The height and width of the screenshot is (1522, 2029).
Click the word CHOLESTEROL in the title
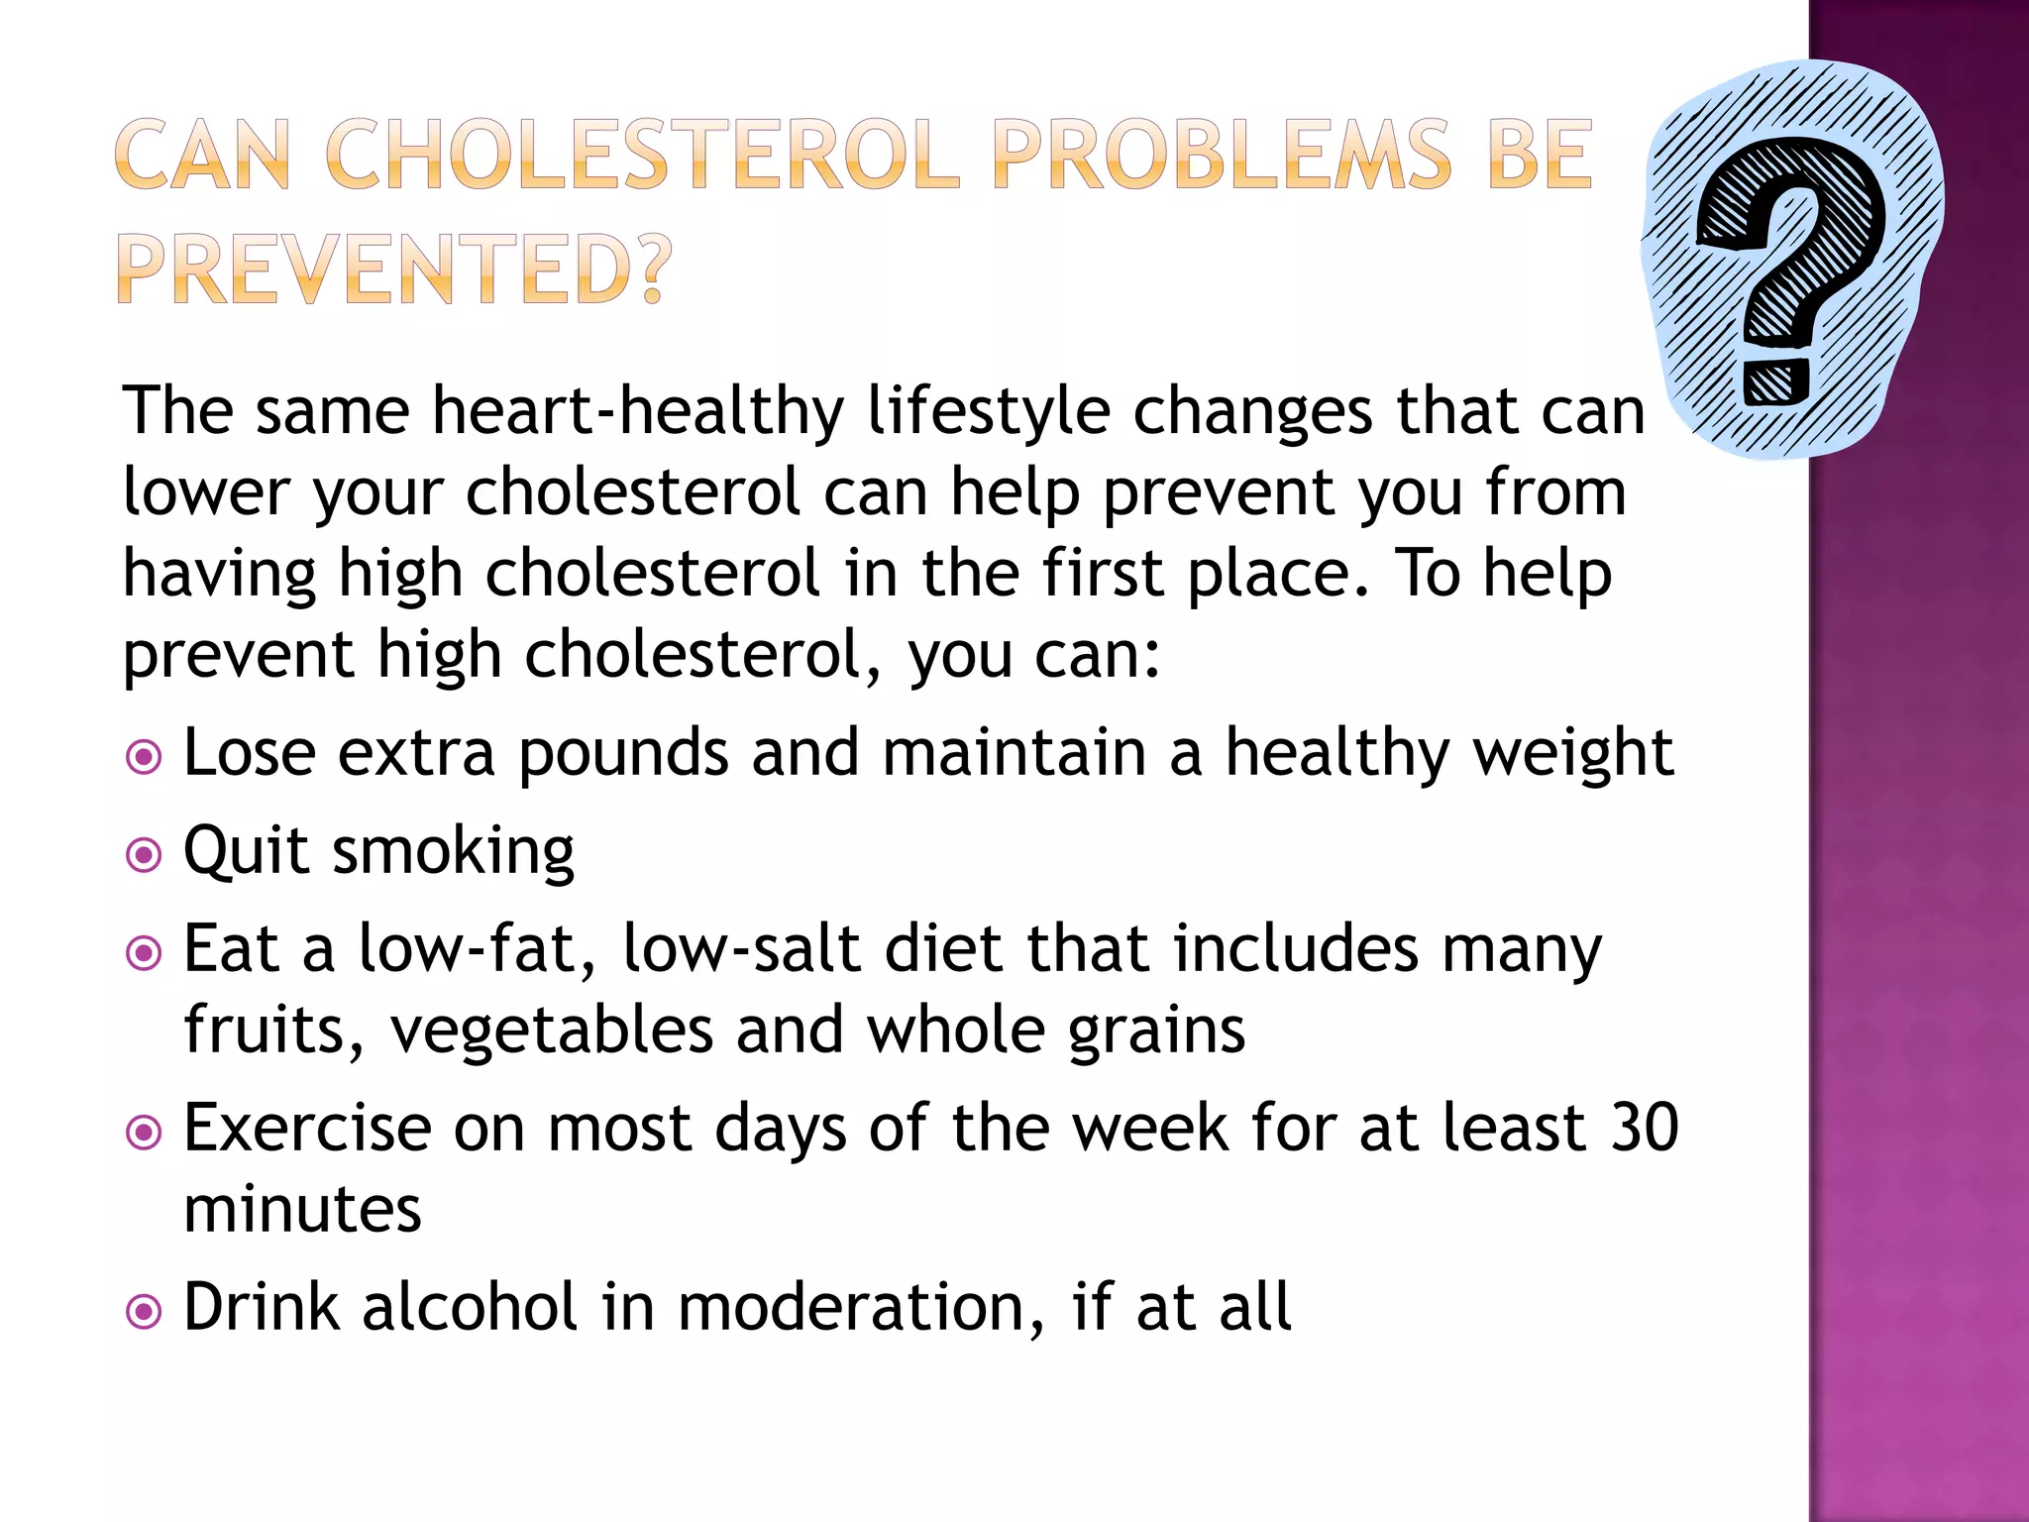[x=642, y=155]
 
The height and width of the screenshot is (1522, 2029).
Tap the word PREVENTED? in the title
[x=394, y=270]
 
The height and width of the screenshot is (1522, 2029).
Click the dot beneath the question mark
[x=1776, y=381]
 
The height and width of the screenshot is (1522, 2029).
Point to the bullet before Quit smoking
[x=145, y=854]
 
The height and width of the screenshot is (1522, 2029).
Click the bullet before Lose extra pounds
[x=145, y=758]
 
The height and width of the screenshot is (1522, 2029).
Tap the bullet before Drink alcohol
[x=145, y=1312]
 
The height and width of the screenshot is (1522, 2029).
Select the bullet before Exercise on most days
[x=145, y=1133]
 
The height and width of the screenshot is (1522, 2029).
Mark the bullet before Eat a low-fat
[x=145, y=953]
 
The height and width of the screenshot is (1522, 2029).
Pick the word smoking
[x=453, y=852]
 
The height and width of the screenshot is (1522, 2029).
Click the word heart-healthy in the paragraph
[x=638, y=411]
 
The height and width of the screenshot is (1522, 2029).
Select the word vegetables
[x=552, y=1032]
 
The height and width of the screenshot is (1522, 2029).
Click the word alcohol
[x=470, y=1307]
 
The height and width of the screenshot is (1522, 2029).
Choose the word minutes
[x=302, y=1209]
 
